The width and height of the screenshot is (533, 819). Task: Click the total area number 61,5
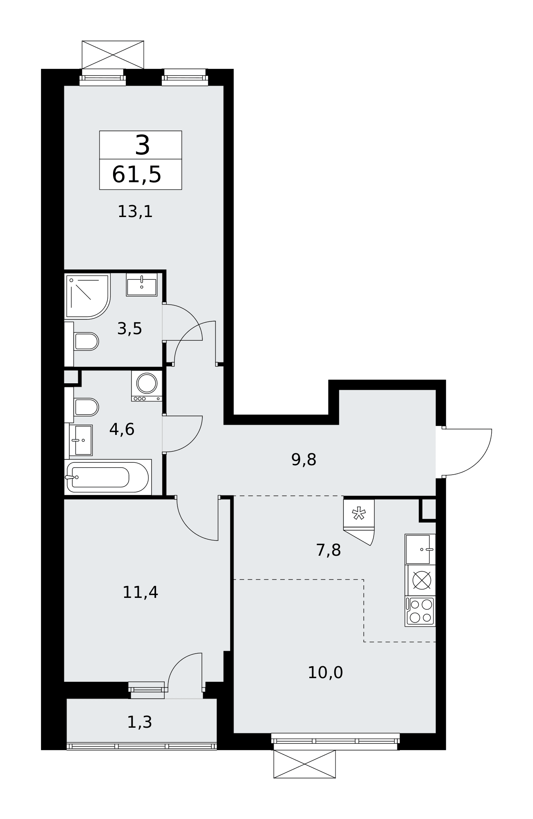pyautogui.click(x=136, y=175)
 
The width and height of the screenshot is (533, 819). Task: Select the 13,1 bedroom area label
pyautogui.click(x=135, y=212)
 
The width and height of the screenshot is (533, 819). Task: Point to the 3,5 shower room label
pyautogui.click(x=129, y=328)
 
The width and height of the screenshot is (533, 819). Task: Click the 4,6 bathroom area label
pyautogui.click(x=122, y=429)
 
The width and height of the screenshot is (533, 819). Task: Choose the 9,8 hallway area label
pyautogui.click(x=304, y=459)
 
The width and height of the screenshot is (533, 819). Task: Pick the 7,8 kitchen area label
pyautogui.click(x=328, y=550)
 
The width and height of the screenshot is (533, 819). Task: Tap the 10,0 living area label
pyautogui.click(x=325, y=672)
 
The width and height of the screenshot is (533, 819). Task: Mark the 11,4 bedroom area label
pyautogui.click(x=140, y=592)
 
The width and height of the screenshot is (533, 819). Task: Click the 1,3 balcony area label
pyautogui.click(x=139, y=722)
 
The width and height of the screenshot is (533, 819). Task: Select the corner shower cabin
pyautogui.click(x=87, y=296)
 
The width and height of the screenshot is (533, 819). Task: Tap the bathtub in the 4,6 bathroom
pyautogui.click(x=108, y=477)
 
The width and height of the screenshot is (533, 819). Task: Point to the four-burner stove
pyautogui.click(x=420, y=611)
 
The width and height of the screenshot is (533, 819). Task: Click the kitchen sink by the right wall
pyautogui.click(x=420, y=549)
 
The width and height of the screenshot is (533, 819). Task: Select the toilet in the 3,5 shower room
pyautogui.click(x=82, y=341)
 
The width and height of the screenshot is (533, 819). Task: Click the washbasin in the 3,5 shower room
pyautogui.click(x=142, y=285)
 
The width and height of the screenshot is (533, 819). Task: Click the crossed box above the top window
pyautogui.click(x=113, y=55)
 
